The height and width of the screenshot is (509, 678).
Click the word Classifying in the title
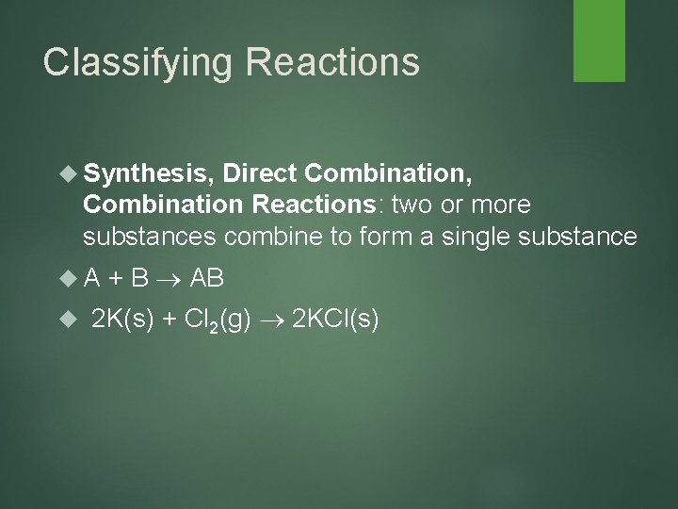pyautogui.click(x=131, y=62)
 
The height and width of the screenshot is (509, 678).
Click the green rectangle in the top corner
pyautogui.click(x=601, y=41)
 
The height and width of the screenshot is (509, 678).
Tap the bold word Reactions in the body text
pyautogui.click(x=315, y=205)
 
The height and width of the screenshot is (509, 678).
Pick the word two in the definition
pyautogui.click(x=422, y=205)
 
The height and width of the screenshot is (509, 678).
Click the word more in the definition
pyautogui.click(x=501, y=205)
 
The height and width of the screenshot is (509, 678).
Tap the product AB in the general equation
pyautogui.click(x=207, y=278)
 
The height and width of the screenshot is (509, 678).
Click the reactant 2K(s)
pyautogui.click(x=123, y=320)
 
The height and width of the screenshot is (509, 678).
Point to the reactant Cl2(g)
pyautogui.click(x=218, y=321)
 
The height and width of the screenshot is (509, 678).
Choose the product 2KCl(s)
pyautogui.click(x=336, y=320)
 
